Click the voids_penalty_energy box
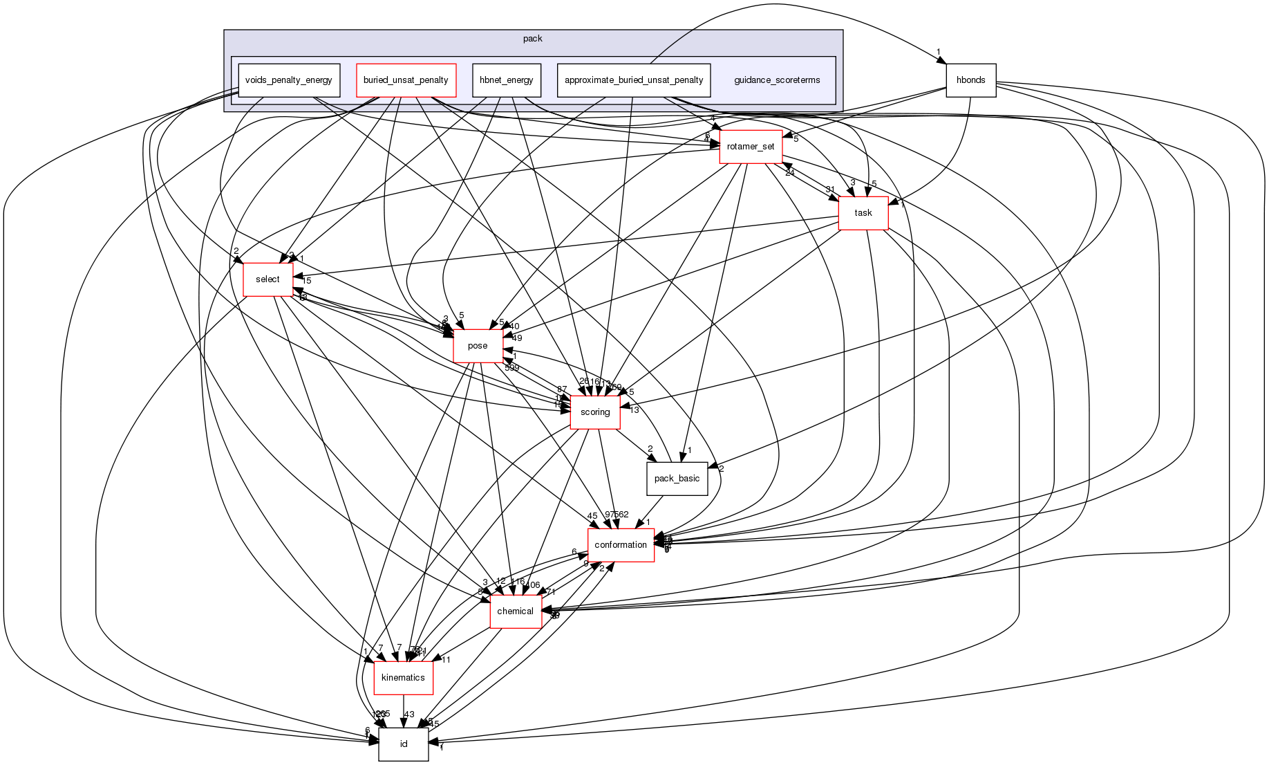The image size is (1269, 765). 289,80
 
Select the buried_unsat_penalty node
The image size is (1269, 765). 406,80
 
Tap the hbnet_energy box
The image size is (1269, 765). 506,80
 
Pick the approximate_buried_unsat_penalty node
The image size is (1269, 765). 633,80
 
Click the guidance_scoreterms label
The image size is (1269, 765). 777,80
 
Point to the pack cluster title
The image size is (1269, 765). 532,39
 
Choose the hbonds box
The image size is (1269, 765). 970,80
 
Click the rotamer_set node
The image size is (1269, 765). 751,147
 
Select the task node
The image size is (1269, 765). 863,213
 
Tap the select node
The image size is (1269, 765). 267,279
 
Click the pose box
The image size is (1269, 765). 478,346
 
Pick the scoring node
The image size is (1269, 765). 594,412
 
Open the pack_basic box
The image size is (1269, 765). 677,479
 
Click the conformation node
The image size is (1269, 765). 621,545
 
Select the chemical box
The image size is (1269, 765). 515,611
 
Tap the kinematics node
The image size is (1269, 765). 403,678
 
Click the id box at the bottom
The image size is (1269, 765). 403,744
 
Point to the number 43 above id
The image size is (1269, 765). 409,715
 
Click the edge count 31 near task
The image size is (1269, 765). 830,190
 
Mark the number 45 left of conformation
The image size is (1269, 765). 592,516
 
